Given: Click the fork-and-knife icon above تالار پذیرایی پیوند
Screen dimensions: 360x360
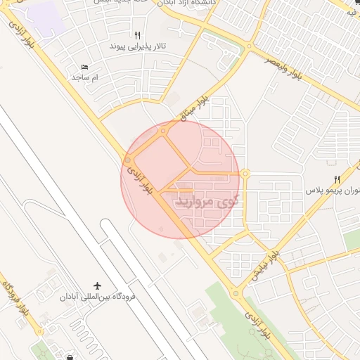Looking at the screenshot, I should [x=137, y=34].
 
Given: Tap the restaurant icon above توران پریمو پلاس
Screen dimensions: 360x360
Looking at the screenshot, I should [x=337, y=179].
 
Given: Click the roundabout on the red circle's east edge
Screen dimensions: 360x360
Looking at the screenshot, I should [x=245, y=174].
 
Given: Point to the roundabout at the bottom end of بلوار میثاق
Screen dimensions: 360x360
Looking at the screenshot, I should [x=163, y=130].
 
